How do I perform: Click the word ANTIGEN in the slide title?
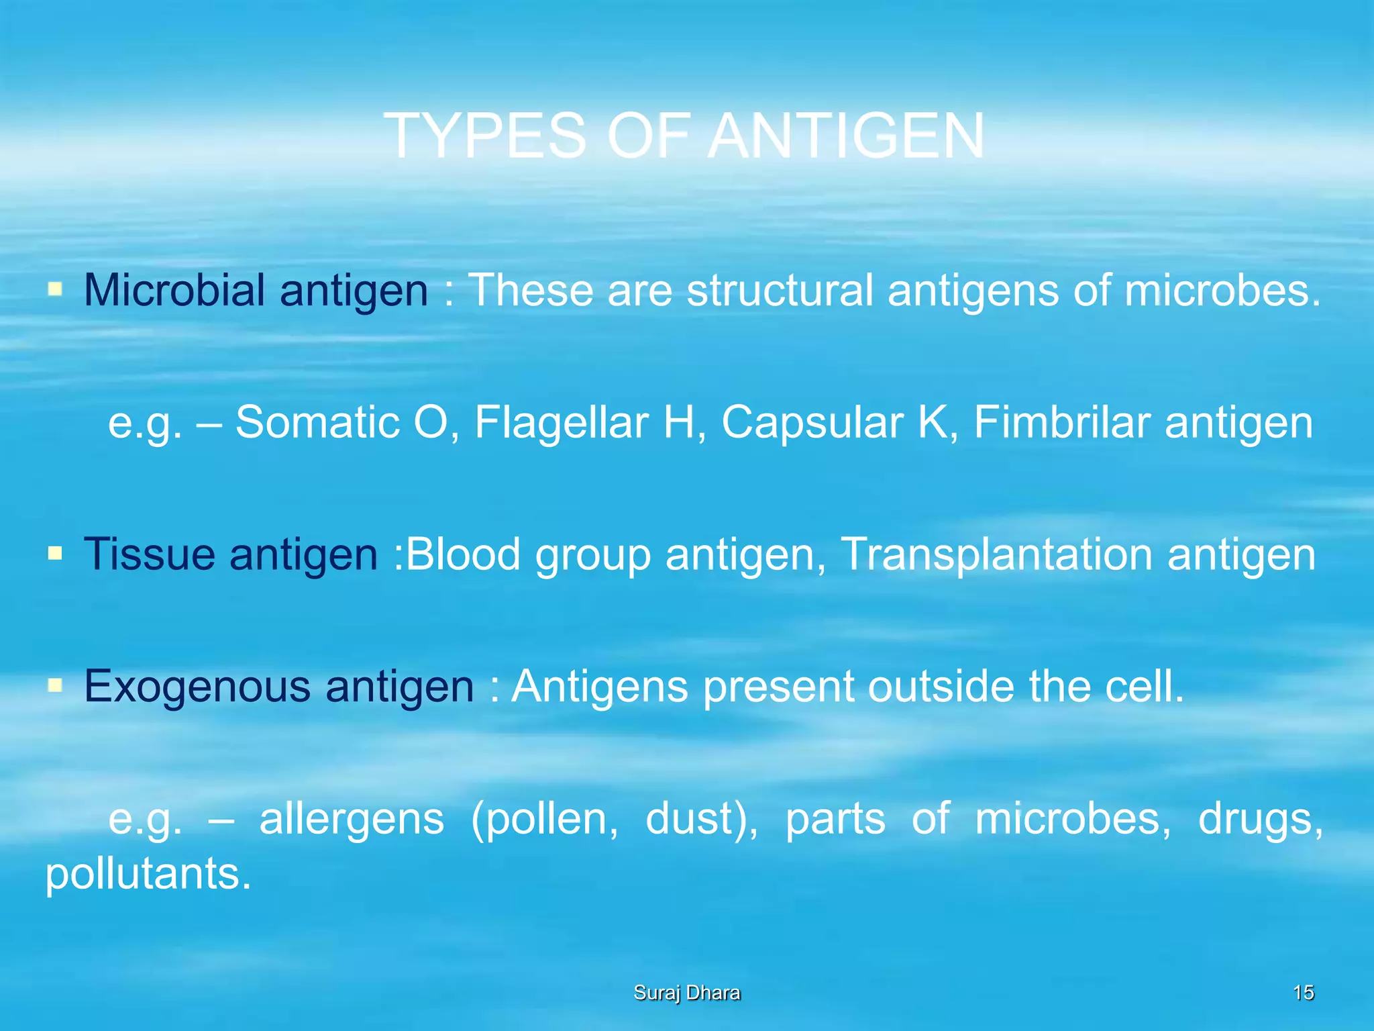pos(846,136)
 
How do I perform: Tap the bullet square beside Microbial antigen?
pos(55,290)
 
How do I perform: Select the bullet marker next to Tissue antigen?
pos(55,554)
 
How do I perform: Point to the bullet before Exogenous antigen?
pos(55,686)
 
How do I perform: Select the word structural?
pos(780,290)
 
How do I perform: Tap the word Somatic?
pos(317,422)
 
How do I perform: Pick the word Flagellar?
pos(562,422)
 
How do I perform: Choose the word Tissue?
pos(150,554)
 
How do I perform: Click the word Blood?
pos(463,554)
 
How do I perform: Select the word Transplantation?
pos(996,554)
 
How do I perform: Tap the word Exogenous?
pos(197,686)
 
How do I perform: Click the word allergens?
pos(352,819)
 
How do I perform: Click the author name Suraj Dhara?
pos(687,993)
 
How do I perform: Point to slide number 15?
pos(1303,993)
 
